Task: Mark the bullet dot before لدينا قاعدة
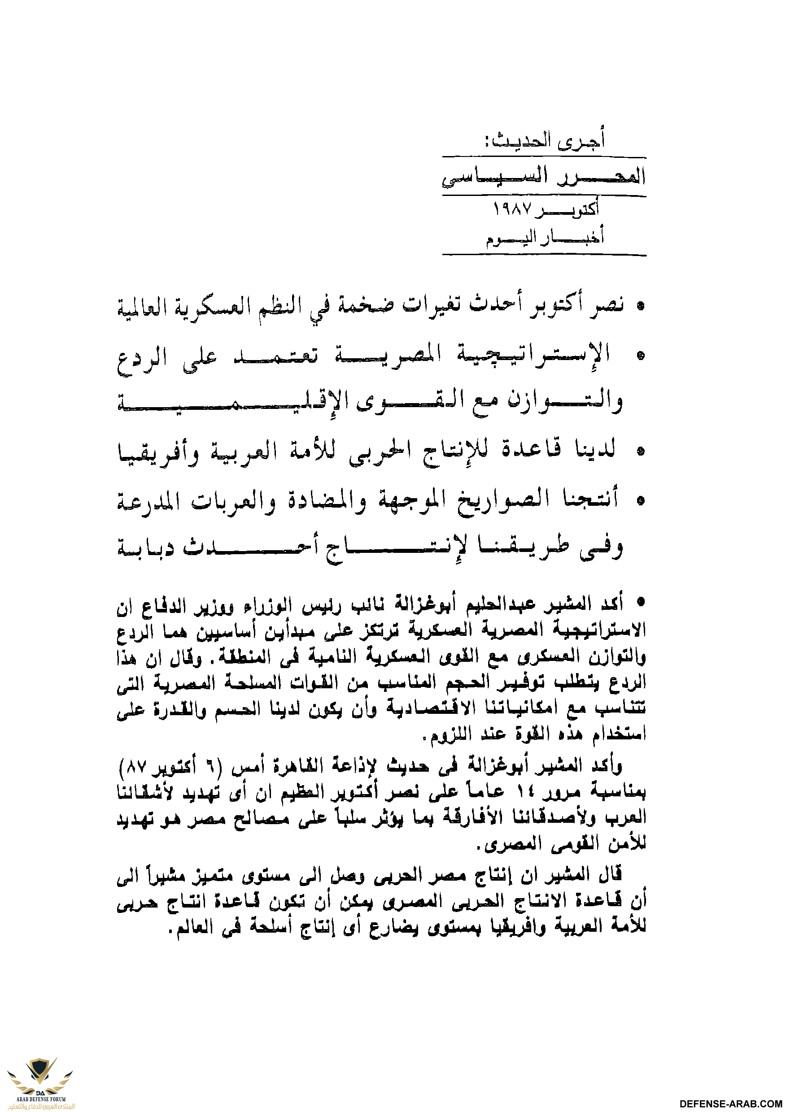pos(641,452)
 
